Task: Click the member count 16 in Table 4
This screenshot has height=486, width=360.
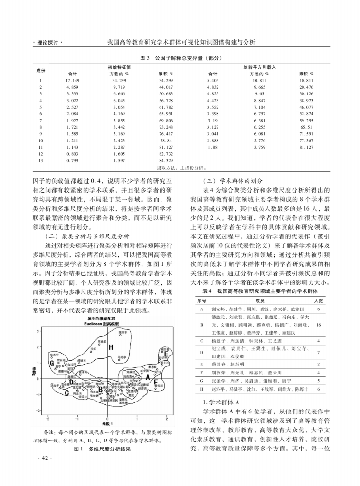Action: click(318, 325)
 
